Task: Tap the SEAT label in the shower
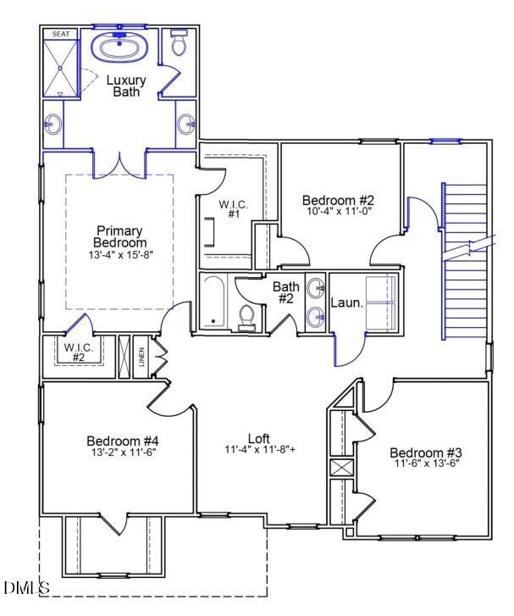[60, 34]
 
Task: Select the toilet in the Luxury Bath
[179, 44]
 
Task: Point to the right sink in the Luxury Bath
[186, 125]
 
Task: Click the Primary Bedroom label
[119, 236]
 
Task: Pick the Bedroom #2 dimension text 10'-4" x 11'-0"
[337, 211]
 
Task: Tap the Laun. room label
[345, 302]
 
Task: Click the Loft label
[259, 438]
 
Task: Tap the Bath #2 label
[285, 292]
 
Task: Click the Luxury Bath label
[125, 86]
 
